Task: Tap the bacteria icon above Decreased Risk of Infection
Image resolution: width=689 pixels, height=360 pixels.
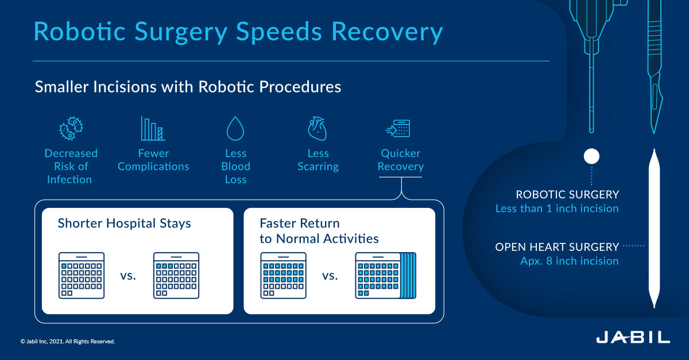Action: point(71,129)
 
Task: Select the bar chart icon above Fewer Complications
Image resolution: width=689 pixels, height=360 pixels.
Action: point(153,129)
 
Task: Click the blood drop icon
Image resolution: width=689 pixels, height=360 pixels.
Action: point(235,129)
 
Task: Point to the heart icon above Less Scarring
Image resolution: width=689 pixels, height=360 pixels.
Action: point(318,129)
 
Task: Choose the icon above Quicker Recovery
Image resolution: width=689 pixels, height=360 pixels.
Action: point(400,129)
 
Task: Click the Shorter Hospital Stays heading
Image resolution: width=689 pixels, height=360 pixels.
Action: point(124,223)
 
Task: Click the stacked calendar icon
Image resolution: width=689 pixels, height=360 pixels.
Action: point(385,275)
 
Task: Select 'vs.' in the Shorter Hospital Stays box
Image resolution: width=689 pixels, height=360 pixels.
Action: point(129,276)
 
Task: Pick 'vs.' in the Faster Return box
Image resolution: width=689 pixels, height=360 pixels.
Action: point(330,276)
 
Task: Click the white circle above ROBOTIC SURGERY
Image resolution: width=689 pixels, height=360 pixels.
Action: point(591,156)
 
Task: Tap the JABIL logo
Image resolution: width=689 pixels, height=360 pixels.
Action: point(633,337)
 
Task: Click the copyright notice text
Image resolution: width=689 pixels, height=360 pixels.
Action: point(68,342)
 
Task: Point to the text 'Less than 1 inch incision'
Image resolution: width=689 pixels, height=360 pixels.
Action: point(557,208)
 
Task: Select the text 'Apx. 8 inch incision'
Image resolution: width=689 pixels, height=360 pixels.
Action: point(566,261)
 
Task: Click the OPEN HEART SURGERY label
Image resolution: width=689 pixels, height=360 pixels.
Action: point(557,247)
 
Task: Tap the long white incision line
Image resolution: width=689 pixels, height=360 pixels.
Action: point(653,230)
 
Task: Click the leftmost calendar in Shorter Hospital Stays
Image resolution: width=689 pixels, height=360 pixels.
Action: point(82,275)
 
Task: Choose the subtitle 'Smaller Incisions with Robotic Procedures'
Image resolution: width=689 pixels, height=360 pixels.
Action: point(188,87)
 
